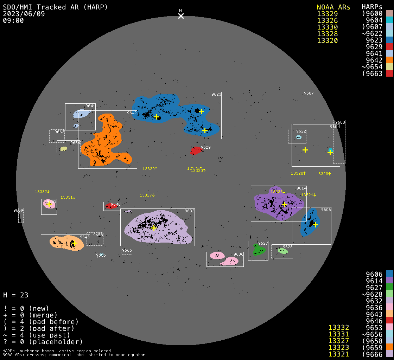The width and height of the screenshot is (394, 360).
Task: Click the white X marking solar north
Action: [x=181, y=16]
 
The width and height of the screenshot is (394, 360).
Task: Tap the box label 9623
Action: [x=216, y=94]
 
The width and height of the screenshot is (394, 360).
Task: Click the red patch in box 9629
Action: [x=196, y=151]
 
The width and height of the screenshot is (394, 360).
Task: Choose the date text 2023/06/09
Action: [x=24, y=14]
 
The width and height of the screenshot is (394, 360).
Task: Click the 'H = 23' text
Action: [x=15, y=295]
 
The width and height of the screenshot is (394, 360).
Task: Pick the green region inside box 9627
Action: [x=259, y=250]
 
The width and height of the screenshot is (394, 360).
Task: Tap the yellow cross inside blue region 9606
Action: [x=315, y=225]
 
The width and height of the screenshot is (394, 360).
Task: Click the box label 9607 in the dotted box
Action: [x=309, y=93]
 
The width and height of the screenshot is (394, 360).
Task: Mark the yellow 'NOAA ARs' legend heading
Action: [x=333, y=7]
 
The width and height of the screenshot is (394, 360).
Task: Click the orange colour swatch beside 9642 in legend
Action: [x=389, y=60]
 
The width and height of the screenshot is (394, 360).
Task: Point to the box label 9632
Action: [x=190, y=211]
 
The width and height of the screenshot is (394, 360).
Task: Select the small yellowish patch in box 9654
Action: [x=64, y=149]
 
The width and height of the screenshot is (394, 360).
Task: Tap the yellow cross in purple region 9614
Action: [x=285, y=204]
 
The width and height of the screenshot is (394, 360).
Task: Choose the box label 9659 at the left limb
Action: [x=18, y=210]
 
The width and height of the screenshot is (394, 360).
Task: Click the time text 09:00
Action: [x=13, y=20]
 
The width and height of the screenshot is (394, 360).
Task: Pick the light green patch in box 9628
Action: [x=282, y=251]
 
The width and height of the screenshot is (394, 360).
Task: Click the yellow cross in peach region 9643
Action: [x=74, y=243]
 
